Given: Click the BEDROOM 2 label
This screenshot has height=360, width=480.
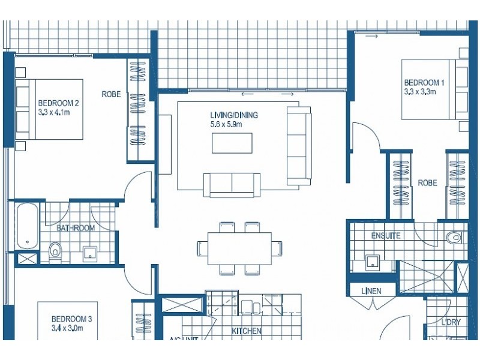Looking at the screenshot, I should point(59,103).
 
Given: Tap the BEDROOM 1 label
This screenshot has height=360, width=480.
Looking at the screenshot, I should point(424,83).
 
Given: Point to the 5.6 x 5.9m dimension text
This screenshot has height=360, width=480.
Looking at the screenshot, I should point(226,124).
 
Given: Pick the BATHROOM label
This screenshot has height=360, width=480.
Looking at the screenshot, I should point(76,228).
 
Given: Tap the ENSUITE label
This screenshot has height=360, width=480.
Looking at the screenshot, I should point(386,236).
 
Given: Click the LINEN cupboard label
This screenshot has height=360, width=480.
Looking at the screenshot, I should point(371,291).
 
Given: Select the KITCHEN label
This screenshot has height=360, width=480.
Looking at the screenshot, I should point(247,331).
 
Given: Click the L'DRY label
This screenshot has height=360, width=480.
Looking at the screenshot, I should point(451,322).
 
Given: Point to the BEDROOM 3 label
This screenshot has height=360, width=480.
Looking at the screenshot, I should point(71,319).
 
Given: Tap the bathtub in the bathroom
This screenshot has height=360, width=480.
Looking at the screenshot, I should point(27,226).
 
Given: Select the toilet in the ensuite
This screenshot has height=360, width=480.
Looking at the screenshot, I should point(455,238).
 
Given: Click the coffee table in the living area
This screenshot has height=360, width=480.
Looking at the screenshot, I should point(232,143).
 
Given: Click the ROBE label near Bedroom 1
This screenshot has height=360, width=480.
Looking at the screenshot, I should point(427,183).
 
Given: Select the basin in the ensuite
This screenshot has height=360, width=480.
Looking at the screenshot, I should point(373,260).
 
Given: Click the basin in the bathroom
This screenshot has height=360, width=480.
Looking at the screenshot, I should point(91,253).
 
